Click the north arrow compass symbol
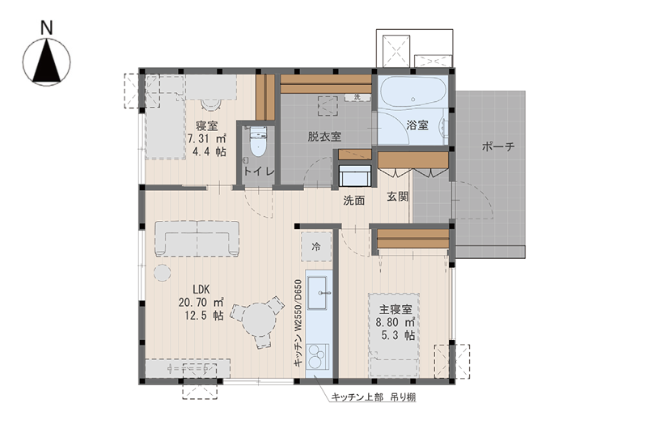(x=46, y=62)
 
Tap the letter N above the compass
(x=47, y=28)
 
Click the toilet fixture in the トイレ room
(x=258, y=141)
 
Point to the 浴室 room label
(x=417, y=125)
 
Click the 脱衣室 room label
(x=324, y=136)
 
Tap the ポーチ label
(x=498, y=146)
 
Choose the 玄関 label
(x=398, y=197)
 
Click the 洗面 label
(x=354, y=201)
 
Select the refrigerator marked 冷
(x=316, y=247)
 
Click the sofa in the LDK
(x=197, y=239)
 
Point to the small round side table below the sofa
(x=163, y=273)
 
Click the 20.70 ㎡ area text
(x=201, y=303)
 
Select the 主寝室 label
(x=395, y=309)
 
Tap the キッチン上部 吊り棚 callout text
(x=374, y=397)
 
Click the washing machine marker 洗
(x=357, y=97)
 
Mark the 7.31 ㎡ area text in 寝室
(x=206, y=138)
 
